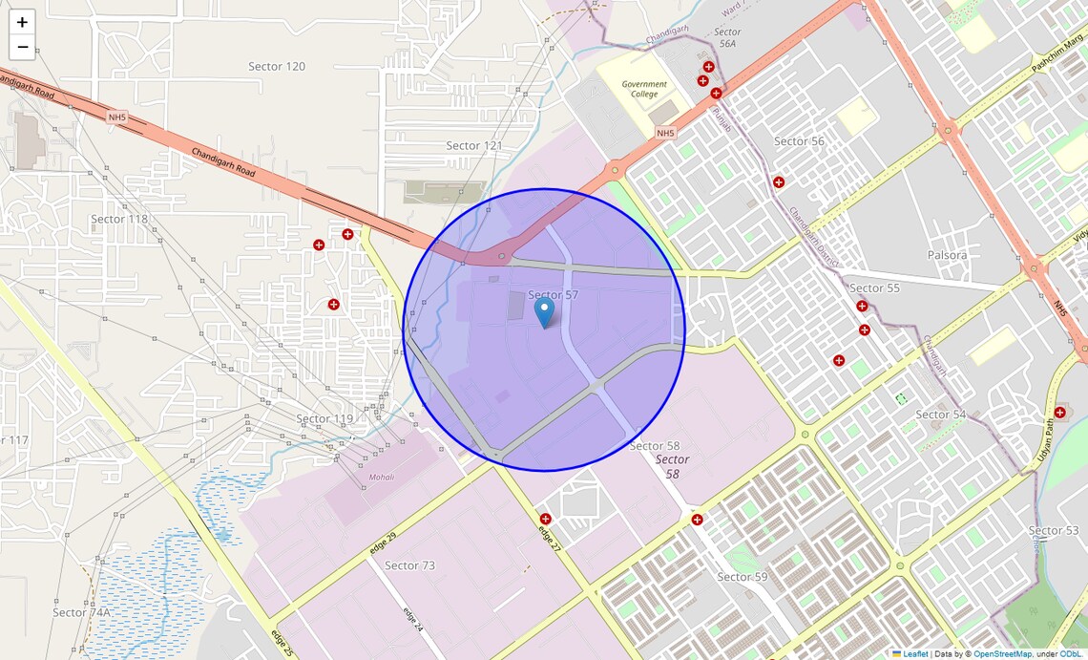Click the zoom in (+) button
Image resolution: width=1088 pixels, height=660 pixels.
(22, 22)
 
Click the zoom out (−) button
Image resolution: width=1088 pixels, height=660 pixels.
(22, 47)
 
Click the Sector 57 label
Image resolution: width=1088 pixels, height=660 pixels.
(554, 295)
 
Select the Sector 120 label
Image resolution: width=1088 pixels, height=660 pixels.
(277, 67)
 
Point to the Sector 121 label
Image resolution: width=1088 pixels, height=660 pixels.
(474, 145)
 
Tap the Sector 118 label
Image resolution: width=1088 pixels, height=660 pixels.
(119, 219)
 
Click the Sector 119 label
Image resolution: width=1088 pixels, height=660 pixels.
(324, 419)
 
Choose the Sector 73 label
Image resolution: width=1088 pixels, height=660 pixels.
(409, 565)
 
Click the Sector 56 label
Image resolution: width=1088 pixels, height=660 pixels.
(799, 141)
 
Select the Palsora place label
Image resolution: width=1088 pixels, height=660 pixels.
(947, 255)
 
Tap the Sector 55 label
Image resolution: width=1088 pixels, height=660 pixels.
(874, 287)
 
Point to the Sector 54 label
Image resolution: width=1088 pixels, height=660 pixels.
(940, 415)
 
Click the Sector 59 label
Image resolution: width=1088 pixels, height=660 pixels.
(742, 577)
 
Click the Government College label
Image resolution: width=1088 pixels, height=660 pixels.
(644, 89)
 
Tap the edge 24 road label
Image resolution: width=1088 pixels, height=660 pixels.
(412, 619)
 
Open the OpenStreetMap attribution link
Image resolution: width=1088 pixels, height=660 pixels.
(1002, 654)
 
